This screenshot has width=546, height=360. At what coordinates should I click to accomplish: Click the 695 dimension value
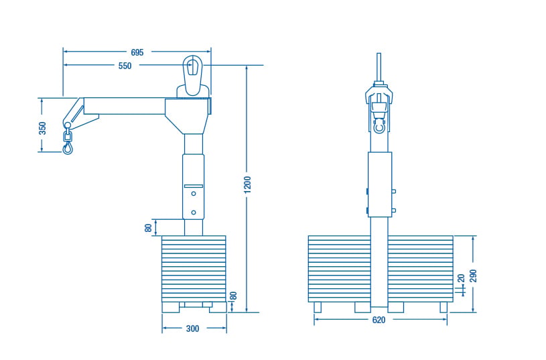tap(137, 52)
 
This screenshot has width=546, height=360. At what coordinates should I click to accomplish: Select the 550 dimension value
tap(125, 66)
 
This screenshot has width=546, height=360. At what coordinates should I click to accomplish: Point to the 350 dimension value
tap(42, 128)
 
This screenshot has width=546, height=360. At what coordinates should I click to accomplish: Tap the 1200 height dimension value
tap(247, 185)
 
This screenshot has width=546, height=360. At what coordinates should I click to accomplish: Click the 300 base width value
tap(192, 328)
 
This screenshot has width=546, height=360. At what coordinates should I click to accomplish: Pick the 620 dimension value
tap(379, 320)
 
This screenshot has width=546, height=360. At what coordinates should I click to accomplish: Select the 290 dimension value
tap(473, 276)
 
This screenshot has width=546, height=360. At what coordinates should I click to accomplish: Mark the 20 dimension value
tap(461, 278)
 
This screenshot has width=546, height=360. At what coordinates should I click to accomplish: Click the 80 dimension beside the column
tap(148, 228)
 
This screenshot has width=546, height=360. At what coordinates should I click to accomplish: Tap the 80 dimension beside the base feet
tap(234, 296)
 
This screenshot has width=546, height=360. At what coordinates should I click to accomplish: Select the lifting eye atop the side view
tap(192, 75)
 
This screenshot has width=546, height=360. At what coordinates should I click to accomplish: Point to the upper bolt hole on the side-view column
tap(194, 194)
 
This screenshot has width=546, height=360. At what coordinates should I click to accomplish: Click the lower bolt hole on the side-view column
tap(194, 213)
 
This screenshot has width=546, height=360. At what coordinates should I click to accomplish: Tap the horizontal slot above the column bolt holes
tap(194, 186)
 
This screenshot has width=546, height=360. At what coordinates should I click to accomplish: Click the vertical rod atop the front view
tap(379, 67)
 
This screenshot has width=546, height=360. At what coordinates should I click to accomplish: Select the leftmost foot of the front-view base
tap(318, 308)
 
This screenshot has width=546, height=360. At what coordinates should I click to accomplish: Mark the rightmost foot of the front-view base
tap(443, 308)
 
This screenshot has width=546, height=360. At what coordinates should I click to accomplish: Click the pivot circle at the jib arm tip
tap(67, 125)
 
